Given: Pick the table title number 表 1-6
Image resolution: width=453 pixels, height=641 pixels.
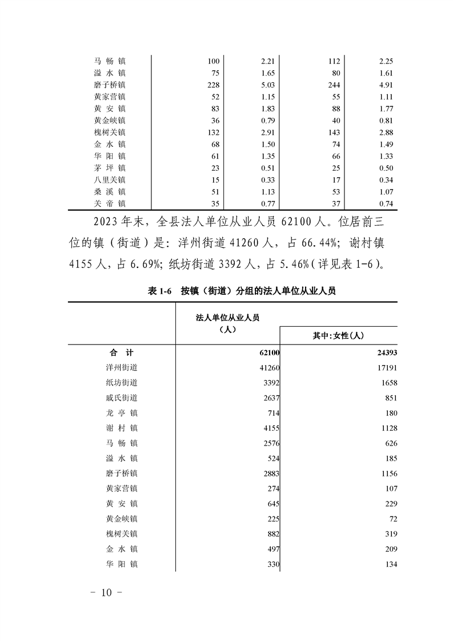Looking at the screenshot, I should coord(159,291).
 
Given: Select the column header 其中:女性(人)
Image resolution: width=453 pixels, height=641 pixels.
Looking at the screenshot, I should coord(338,336).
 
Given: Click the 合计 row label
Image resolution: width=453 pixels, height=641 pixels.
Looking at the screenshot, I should coord(121,352).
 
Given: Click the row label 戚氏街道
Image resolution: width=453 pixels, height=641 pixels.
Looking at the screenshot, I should coord(122,398).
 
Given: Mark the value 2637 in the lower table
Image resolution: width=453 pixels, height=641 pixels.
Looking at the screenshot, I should coord(268,398).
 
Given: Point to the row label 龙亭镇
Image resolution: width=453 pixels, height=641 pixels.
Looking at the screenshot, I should coord(122,413).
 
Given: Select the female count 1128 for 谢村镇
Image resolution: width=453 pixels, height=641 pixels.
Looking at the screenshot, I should coord(386,428).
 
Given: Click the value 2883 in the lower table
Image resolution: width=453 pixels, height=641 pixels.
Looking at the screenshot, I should coord(268,474).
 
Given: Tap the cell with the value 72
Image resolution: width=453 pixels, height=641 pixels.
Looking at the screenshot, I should coord(391,519).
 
